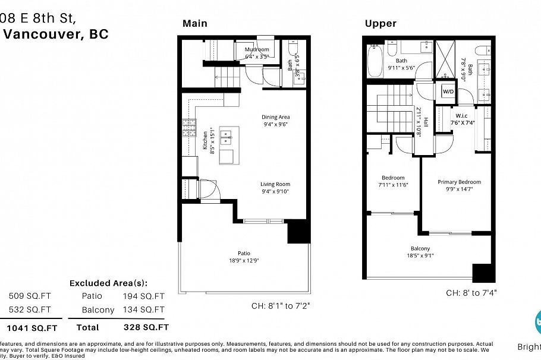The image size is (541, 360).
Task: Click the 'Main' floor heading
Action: point(195,23)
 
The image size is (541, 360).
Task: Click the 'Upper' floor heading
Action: point(380,23)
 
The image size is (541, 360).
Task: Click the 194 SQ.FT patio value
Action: point(143,296)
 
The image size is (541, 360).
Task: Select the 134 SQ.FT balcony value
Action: point(143,310)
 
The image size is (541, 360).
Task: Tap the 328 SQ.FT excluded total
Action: point(146,327)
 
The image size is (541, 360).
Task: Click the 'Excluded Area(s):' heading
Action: point(108,283)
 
